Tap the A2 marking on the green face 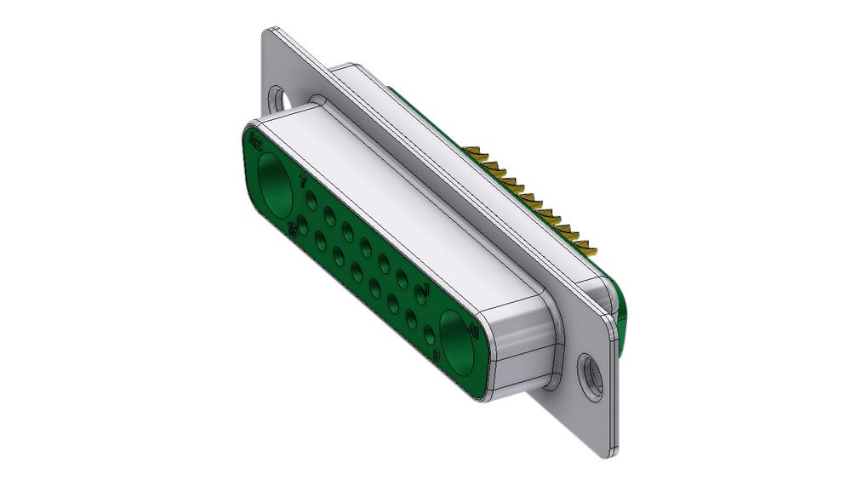coord(253,137)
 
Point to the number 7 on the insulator coord(304,181)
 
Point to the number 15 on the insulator coord(294,227)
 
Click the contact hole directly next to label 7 coord(312,203)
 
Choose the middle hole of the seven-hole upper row coord(366,248)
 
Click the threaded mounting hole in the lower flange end coord(587,373)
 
